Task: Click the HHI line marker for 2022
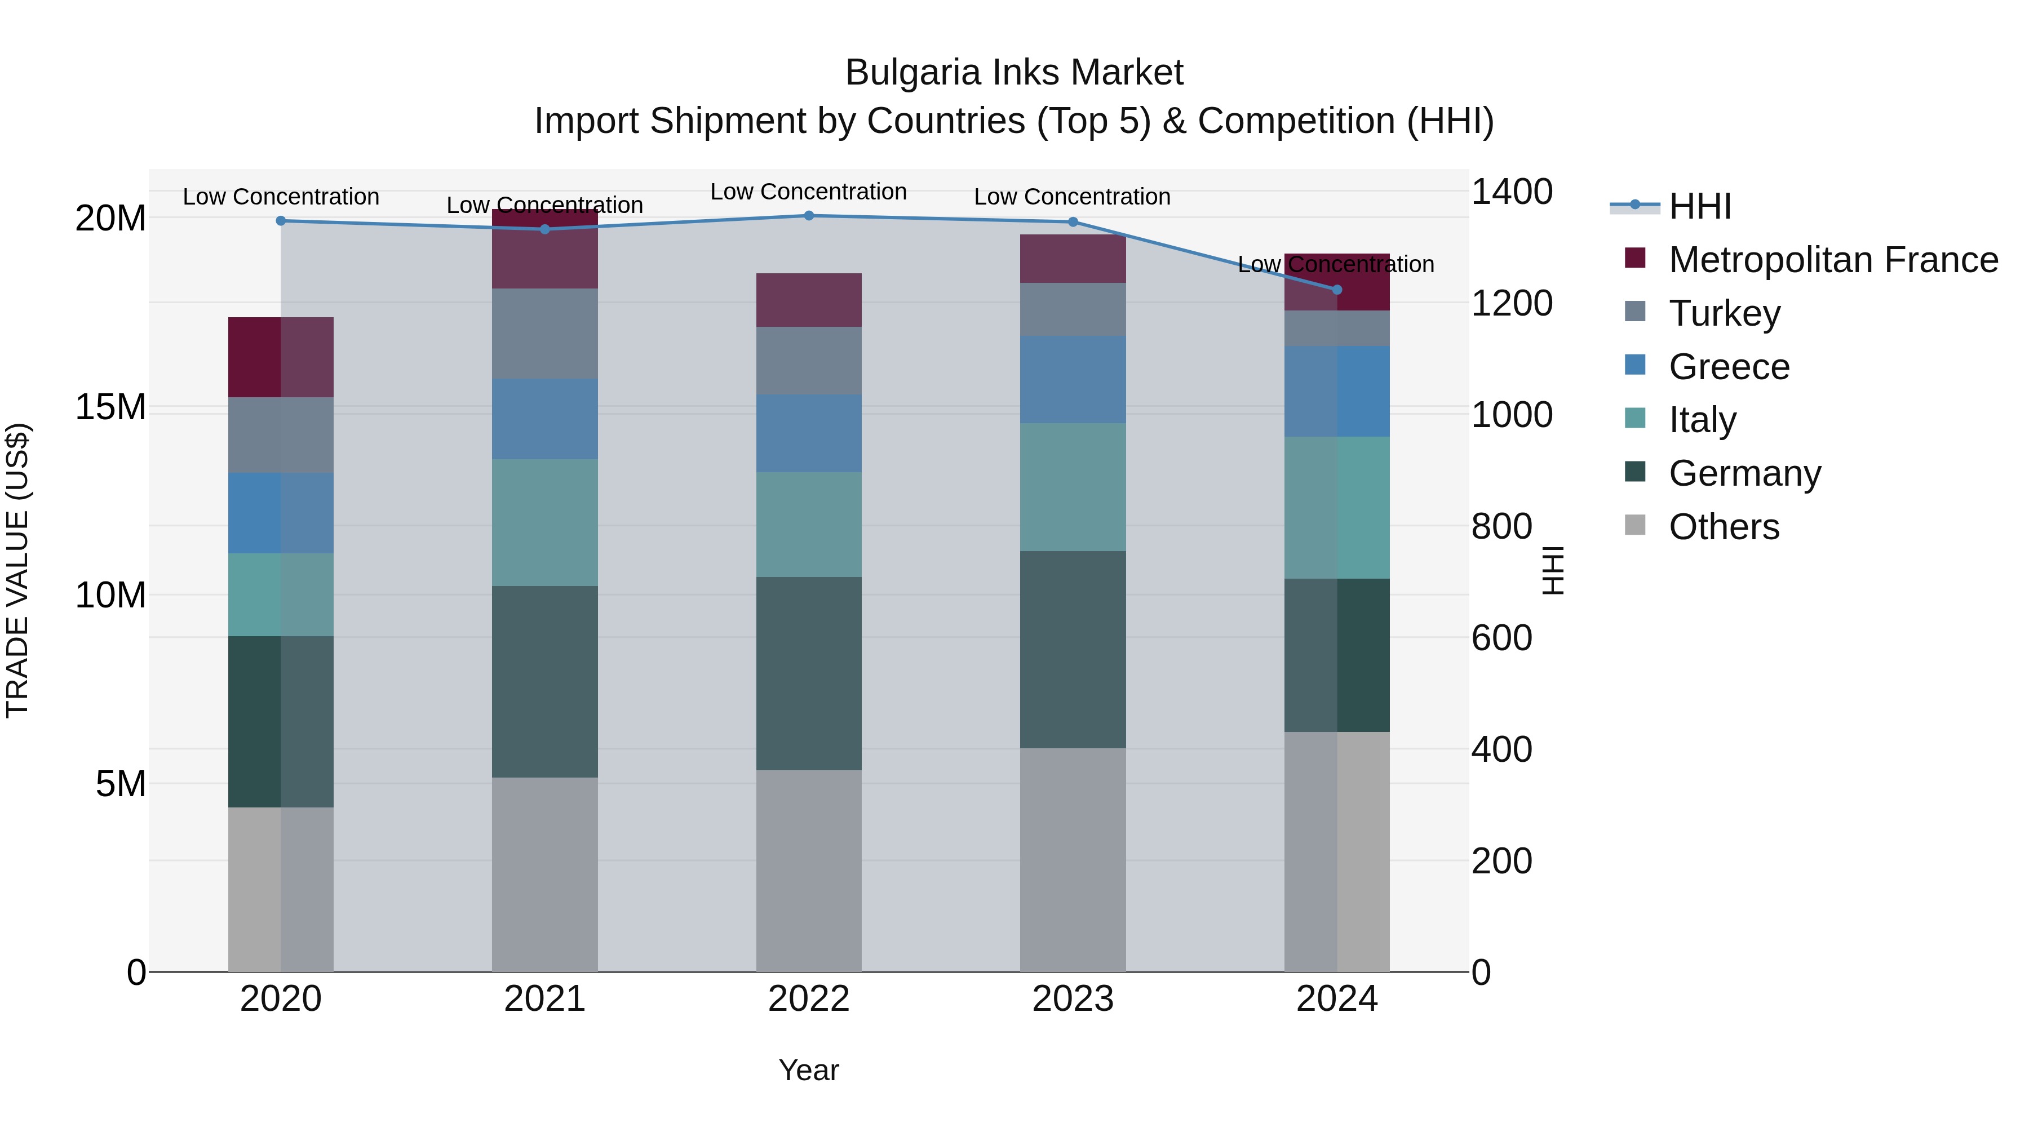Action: (809, 216)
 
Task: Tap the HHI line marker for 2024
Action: (1337, 290)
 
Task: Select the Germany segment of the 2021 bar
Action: (545, 681)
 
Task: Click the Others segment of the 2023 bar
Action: (1073, 859)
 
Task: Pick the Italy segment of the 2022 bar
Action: (809, 525)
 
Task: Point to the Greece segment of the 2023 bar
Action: (1073, 380)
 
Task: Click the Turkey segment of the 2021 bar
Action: (545, 334)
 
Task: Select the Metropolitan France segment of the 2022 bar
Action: (809, 300)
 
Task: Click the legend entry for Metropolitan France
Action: (1832, 260)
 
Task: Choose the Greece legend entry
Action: (1729, 367)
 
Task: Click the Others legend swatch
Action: (1635, 525)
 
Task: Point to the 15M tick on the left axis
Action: (110, 407)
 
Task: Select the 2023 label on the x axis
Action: (1073, 999)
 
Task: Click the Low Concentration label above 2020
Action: (281, 197)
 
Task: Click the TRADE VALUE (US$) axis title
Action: (17, 570)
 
